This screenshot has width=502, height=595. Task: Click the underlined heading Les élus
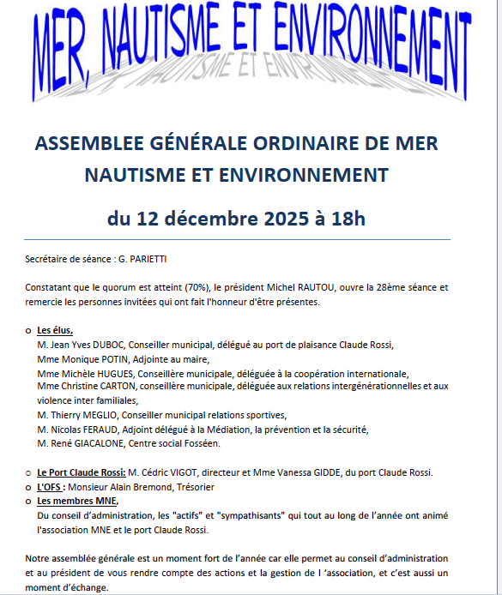[55, 331]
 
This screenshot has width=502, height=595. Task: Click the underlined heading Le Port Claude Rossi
[80, 472]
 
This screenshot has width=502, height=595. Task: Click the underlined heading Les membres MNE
[77, 501]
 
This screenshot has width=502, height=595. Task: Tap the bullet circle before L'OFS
[28, 487]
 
